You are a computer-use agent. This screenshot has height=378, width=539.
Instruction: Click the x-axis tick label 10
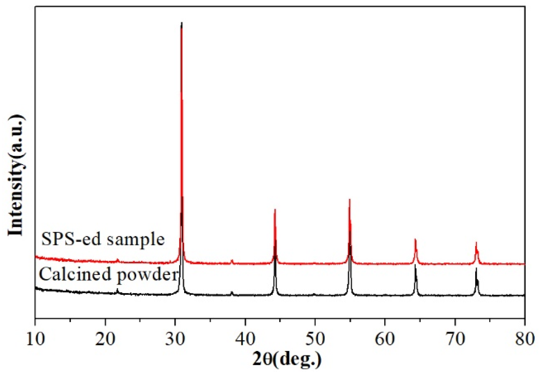[36, 340]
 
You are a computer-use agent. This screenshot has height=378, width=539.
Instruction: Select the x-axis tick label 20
[105, 340]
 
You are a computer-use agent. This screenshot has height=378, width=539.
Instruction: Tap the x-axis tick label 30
[175, 340]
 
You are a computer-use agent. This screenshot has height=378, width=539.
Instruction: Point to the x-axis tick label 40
[245, 340]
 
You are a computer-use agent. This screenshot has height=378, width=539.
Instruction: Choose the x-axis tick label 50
[315, 340]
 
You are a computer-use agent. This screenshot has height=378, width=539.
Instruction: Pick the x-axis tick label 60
[385, 340]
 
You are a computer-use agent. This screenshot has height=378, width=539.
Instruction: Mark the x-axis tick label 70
[455, 340]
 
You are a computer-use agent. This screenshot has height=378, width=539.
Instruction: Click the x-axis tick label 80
[524, 340]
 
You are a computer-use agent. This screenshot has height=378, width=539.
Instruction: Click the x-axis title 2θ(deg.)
[286, 360]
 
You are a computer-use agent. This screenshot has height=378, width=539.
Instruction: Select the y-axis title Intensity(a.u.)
[16, 175]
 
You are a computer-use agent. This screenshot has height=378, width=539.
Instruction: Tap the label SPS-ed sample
[103, 239]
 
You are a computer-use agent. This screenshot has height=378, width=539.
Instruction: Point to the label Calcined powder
[108, 274]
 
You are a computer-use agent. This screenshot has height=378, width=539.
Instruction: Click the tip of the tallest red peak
[181, 23]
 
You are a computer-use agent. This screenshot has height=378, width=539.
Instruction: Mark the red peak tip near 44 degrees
[275, 210]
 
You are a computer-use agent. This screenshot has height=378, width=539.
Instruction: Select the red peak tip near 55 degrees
[349, 199]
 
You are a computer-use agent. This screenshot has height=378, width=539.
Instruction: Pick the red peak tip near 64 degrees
[415, 240]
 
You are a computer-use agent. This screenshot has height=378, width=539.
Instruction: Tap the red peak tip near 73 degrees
[476, 243]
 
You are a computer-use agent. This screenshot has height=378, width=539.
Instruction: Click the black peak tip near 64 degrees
[415, 265]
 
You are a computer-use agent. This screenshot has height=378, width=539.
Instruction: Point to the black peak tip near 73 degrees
[476, 268]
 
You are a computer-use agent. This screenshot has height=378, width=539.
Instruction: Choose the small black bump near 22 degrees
[117, 290]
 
